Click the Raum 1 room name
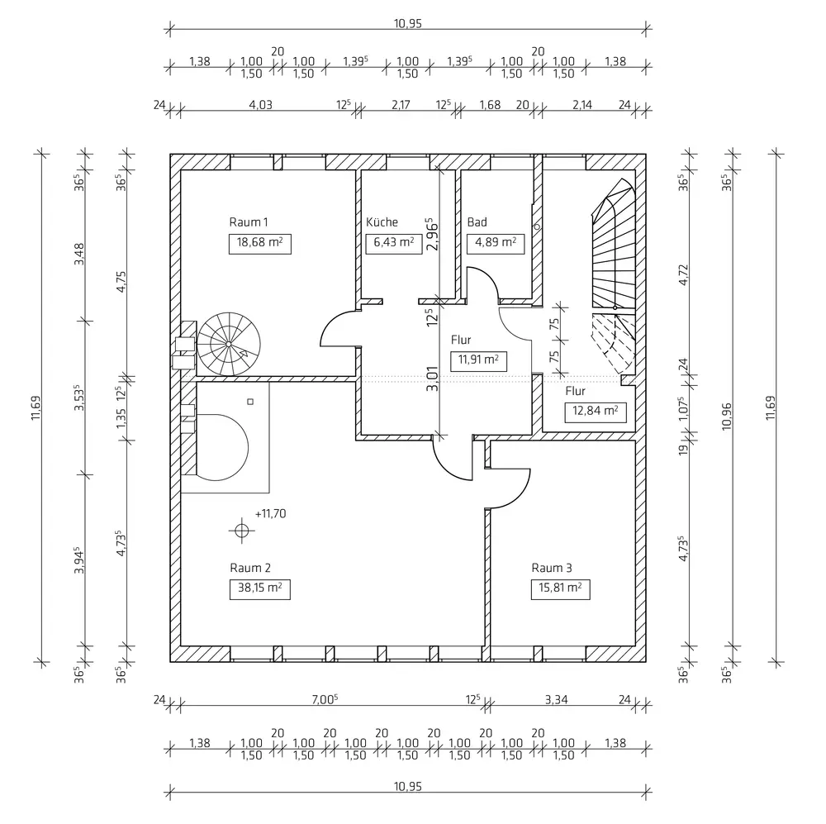(249, 221)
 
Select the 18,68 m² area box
(259, 243)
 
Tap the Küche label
(382, 222)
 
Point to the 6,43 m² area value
(390, 243)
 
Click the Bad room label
(477, 222)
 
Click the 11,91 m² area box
(477, 360)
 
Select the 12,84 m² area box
(593, 411)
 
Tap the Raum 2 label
(250, 568)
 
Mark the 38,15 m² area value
(259, 589)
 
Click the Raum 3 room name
(551, 568)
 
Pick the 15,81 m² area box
(561, 589)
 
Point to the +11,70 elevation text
(270, 513)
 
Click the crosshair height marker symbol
(241, 531)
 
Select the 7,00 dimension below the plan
(325, 699)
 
